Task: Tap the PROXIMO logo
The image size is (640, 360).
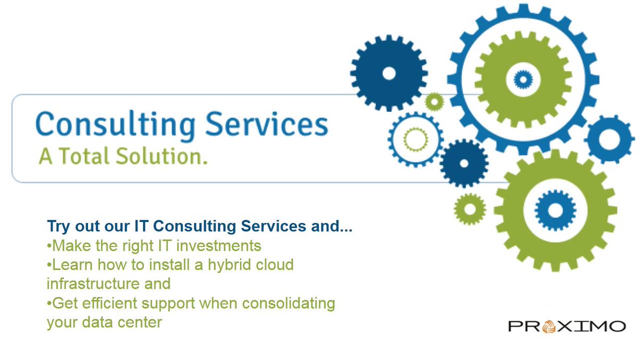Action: point(566,325)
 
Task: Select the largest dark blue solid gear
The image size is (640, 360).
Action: point(389,73)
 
